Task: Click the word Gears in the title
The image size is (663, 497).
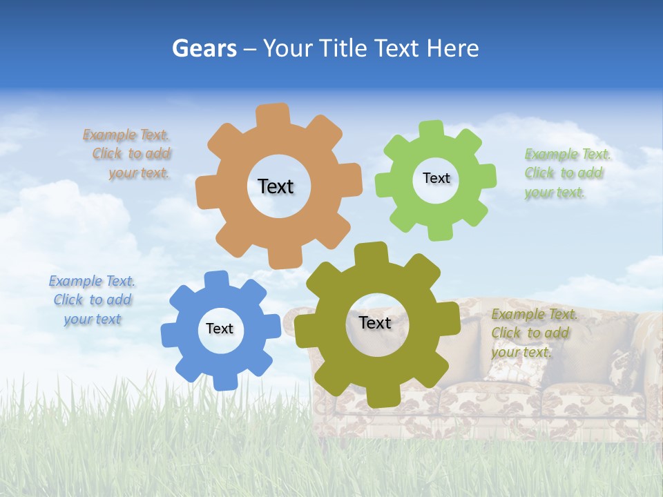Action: [x=204, y=48]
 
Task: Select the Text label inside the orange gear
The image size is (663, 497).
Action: [x=276, y=186]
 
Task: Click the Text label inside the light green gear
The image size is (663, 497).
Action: [x=436, y=178]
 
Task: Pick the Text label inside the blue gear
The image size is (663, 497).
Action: [x=220, y=329]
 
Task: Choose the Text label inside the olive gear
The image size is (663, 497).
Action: [x=375, y=322]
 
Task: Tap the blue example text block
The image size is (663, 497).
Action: [x=92, y=300]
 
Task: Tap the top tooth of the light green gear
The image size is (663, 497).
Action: [x=432, y=130]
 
